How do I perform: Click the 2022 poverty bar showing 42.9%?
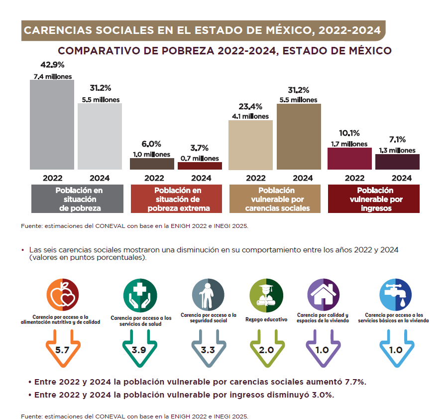[52, 125]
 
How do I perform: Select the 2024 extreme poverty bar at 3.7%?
[199, 166]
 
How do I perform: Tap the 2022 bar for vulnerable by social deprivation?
[250, 145]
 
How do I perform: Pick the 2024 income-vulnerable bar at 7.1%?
[397, 162]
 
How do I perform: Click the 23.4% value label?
[250, 106]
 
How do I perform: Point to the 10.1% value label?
[349, 133]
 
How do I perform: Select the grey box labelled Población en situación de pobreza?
[77, 199]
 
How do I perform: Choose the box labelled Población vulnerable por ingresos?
[374, 199]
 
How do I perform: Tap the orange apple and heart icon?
[62, 296]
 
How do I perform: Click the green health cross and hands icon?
[140, 296]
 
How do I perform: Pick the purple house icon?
[323, 295]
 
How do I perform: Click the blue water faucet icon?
[395, 295]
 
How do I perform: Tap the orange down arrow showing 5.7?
[62, 349]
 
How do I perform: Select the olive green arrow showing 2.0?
[266, 349]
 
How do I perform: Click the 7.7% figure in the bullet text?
[355, 382]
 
